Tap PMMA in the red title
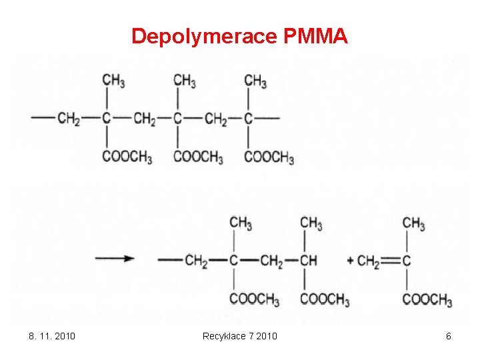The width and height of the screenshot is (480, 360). [315, 36]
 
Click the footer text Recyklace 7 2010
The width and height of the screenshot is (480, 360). [240, 336]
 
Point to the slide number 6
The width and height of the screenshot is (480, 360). [449, 336]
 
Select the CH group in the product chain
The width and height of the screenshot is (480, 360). [309, 260]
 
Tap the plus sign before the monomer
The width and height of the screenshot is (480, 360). [351, 260]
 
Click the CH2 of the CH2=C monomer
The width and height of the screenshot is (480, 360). [369, 261]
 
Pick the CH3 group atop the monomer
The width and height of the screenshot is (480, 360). [414, 223]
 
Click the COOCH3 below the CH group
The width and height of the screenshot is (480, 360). [325, 299]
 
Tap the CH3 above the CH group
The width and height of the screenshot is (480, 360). [311, 223]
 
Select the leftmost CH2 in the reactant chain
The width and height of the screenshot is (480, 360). [69, 119]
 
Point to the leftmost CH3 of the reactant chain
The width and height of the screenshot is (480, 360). [114, 81]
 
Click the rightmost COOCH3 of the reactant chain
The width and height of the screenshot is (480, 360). [269, 158]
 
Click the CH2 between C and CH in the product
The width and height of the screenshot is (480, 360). [271, 261]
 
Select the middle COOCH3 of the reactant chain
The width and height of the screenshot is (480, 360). [198, 158]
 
